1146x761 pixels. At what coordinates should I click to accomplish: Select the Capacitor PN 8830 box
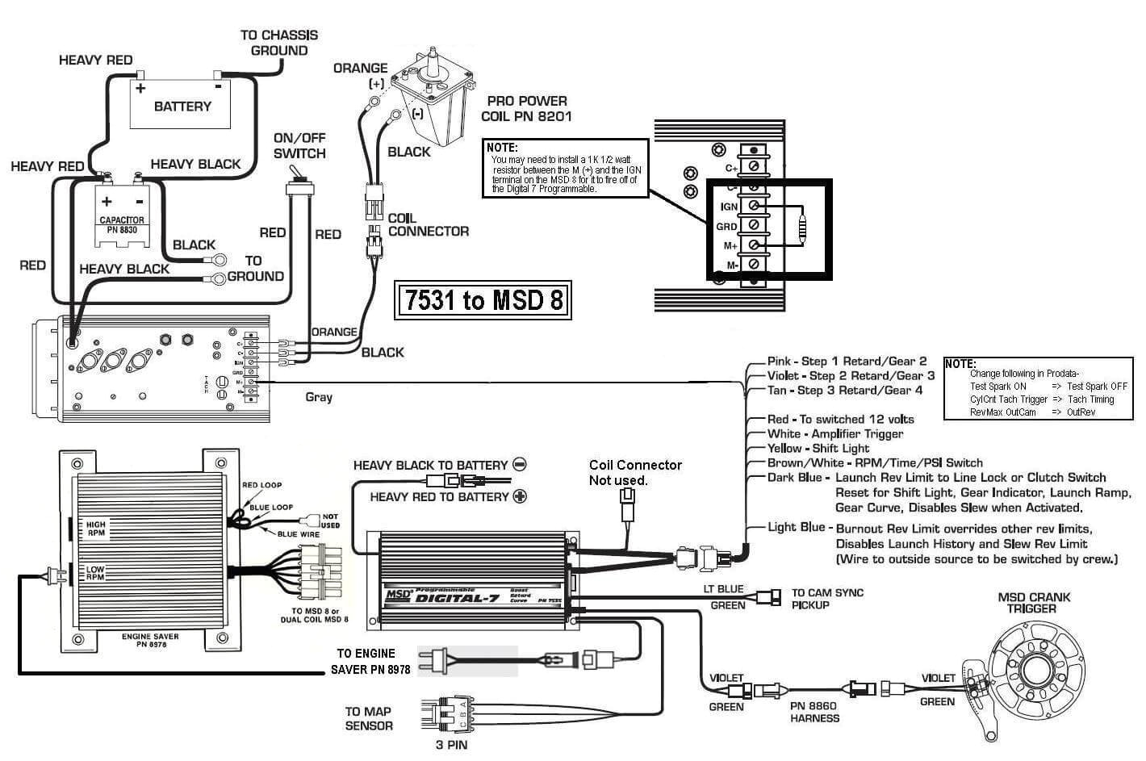pyautogui.click(x=122, y=214)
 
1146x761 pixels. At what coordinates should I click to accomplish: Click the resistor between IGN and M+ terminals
pyautogui.click(x=801, y=225)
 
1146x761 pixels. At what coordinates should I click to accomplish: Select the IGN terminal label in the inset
pyautogui.click(x=729, y=207)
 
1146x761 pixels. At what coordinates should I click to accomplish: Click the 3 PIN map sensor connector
pyautogui.click(x=443, y=713)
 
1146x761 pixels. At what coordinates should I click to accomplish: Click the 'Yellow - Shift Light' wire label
pyautogui.click(x=818, y=449)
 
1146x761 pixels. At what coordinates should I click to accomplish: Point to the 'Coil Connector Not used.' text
pyautogui.click(x=634, y=473)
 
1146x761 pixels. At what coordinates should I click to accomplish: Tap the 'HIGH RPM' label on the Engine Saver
pyautogui.click(x=95, y=529)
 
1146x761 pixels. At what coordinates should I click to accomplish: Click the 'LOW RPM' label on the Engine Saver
pyautogui.click(x=94, y=574)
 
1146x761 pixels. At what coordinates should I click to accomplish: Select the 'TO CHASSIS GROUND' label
pyautogui.click(x=278, y=43)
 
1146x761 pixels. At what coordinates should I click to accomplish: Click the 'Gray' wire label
pyautogui.click(x=319, y=397)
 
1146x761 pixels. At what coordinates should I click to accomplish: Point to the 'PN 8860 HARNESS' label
pyautogui.click(x=814, y=712)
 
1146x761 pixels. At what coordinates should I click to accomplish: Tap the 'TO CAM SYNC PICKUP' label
pyautogui.click(x=827, y=599)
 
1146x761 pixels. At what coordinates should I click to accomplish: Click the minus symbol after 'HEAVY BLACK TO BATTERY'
pyautogui.click(x=521, y=465)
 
